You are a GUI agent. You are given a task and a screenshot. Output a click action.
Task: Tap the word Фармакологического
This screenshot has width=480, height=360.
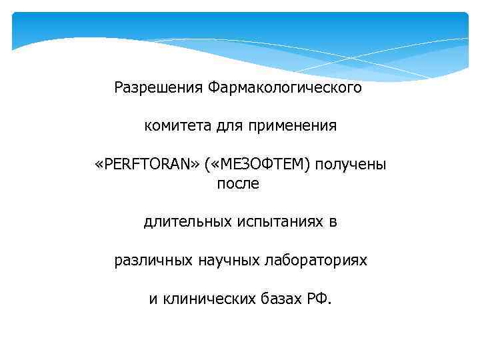[285, 87]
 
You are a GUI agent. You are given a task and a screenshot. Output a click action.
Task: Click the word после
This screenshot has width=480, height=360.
[238, 183]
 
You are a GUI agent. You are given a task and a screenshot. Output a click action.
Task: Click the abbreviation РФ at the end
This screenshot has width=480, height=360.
[317, 298]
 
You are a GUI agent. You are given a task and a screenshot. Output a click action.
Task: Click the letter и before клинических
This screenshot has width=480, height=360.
[153, 299]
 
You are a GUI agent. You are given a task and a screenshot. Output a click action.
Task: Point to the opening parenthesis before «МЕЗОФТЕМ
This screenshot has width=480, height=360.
[208, 164]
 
